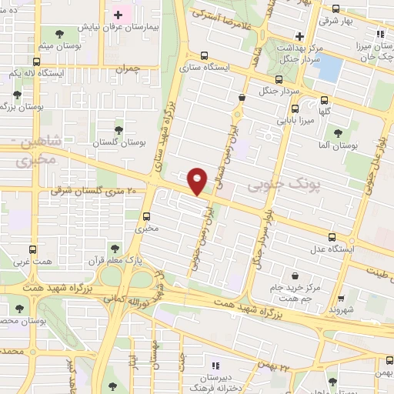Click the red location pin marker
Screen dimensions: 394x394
click(x=198, y=180)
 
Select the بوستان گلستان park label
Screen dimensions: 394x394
click(x=119, y=143)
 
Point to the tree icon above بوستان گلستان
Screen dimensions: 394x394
click(x=118, y=130)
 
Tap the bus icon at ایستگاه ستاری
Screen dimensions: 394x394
click(x=204, y=55)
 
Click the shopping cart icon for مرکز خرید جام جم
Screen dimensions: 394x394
click(x=295, y=276)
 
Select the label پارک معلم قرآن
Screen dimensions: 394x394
click(x=112, y=261)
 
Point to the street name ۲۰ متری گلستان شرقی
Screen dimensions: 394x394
click(x=97, y=190)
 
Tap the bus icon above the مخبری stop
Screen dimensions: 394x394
click(x=146, y=216)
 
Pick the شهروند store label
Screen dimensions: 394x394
click(x=341, y=309)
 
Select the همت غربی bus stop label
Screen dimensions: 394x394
click(x=32, y=262)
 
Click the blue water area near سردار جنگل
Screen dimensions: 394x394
click(x=329, y=69)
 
